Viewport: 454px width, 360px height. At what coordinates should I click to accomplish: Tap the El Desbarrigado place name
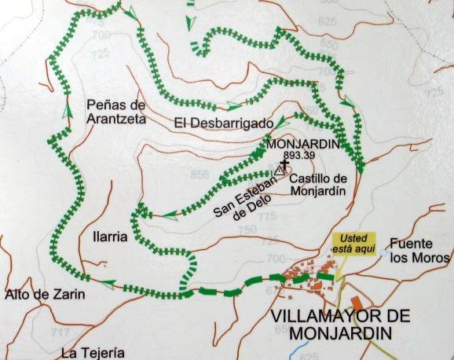[223, 123]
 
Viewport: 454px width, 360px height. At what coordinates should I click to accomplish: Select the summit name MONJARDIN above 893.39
[302, 145]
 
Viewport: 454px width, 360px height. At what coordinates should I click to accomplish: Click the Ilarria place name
[105, 237]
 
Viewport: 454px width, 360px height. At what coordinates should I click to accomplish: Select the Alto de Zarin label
[43, 296]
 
